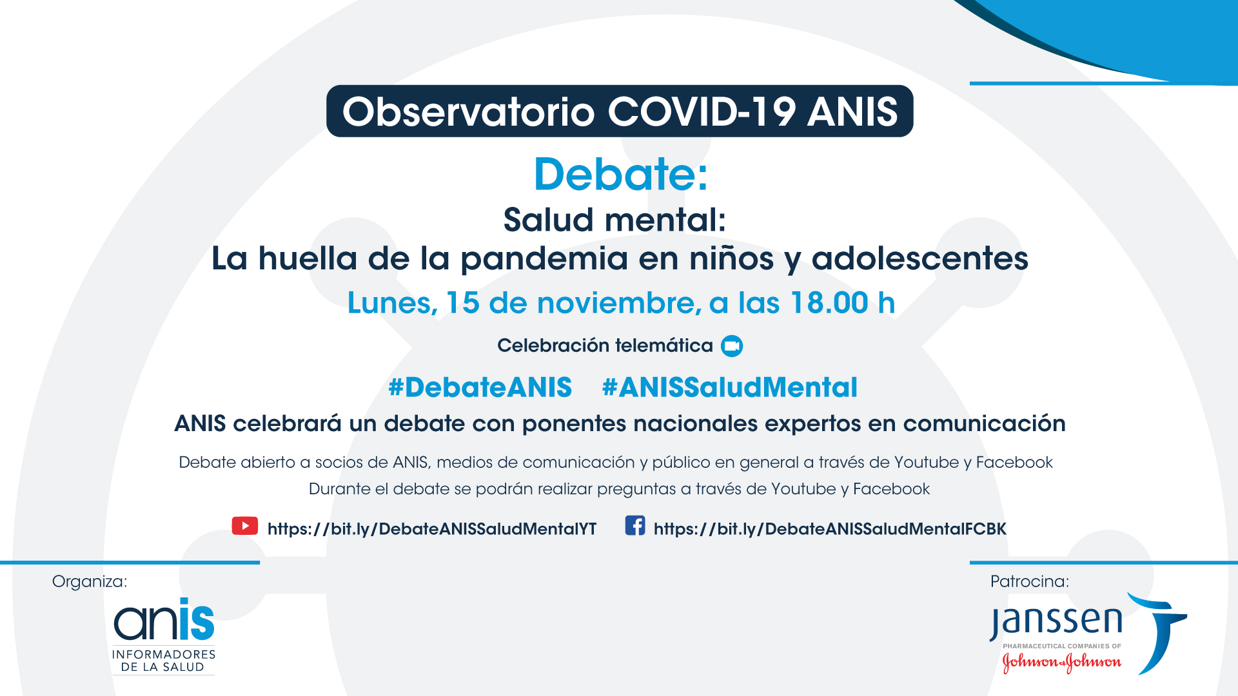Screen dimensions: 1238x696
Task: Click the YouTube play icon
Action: pyautogui.click(x=245, y=526)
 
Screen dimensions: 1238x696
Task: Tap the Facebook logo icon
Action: pyautogui.click(x=635, y=525)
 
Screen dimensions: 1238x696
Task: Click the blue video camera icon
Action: pyautogui.click(x=732, y=346)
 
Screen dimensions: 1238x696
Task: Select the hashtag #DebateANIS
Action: pyautogui.click(x=480, y=387)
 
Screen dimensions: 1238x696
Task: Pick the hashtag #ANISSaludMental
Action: pyautogui.click(x=729, y=387)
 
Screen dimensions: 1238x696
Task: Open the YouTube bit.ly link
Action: pyautogui.click(x=432, y=529)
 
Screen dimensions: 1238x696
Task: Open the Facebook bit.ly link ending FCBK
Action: pyautogui.click(x=830, y=529)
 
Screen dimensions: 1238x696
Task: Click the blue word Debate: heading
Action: pyautogui.click(x=621, y=174)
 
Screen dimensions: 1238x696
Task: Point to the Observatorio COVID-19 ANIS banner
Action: pyautogui.click(x=620, y=111)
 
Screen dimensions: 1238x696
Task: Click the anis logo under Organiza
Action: pyautogui.click(x=164, y=636)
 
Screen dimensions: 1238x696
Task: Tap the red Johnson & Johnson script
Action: pyautogui.click(x=1062, y=662)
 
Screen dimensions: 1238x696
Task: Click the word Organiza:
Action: pyautogui.click(x=90, y=582)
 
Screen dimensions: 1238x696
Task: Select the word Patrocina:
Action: pyautogui.click(x=1030, y=582)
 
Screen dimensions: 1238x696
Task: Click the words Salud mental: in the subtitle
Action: pyautogui.click(x=615, y=220)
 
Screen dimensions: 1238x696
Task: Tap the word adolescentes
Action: pyautogui.click(x=919, y=258)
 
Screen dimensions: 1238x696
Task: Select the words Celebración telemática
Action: pyautogui.click(x=605, y=346)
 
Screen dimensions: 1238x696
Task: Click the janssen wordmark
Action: pyautogui.click(x=1056, y=622)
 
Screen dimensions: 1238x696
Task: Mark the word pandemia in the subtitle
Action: pyautogui.click(x=544, y=260)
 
